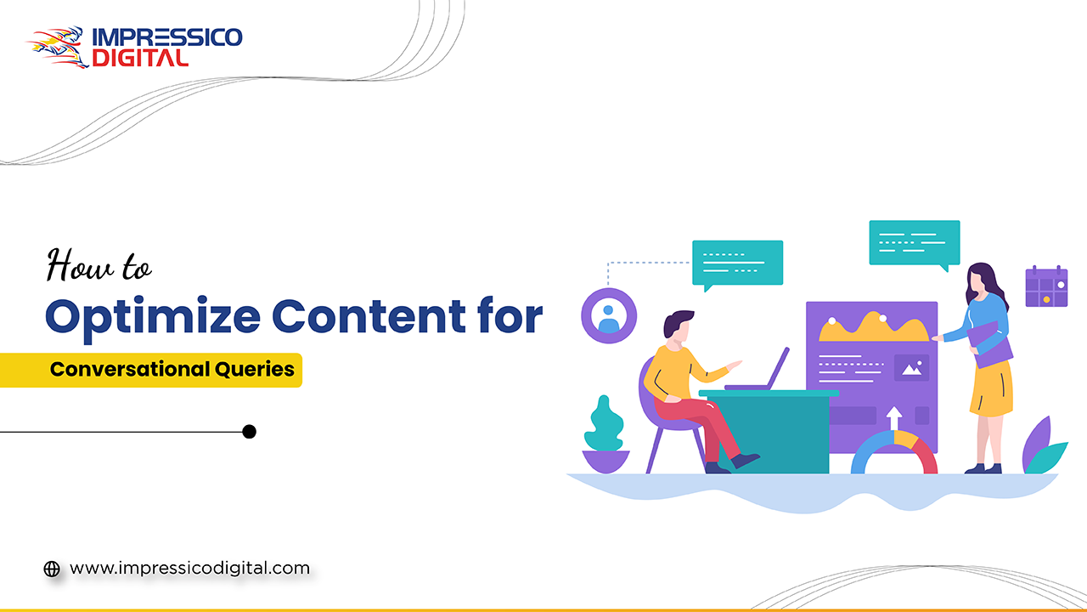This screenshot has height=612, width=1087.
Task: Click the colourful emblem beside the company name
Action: click(58, 47)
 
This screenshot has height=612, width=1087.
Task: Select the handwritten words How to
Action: click(99, 265)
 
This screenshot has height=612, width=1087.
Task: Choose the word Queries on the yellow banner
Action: click(252, 370)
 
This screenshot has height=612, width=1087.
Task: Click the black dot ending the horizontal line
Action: click(249, 432)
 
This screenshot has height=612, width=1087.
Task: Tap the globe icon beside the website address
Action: click(52, 569)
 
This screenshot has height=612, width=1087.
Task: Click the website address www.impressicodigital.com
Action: click(189, 568)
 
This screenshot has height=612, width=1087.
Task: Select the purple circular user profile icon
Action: click(609, 315)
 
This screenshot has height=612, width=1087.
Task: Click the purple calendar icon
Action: click(1045, 286)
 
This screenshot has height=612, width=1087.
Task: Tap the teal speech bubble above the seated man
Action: click(737, 262)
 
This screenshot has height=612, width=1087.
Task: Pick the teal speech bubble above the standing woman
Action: click(914, 242)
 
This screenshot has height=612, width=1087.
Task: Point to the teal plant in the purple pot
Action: click(605, 425)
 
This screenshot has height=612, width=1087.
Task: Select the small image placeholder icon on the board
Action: click(911, 368)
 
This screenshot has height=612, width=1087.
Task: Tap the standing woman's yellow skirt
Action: click(991, 387)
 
